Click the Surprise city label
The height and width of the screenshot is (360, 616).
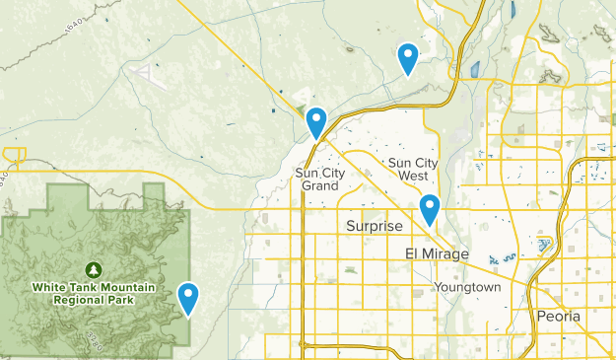375,227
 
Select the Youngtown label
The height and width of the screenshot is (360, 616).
468,287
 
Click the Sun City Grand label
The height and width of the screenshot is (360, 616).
321,179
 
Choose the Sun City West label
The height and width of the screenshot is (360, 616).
415,169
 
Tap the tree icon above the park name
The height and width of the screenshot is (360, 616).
93,269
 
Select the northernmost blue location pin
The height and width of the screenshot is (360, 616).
407,58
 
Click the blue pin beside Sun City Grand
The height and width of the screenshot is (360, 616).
316,121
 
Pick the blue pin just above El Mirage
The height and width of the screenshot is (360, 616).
430,209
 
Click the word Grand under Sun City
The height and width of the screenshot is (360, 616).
321,185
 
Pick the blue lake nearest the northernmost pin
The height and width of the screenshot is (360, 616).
475,69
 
